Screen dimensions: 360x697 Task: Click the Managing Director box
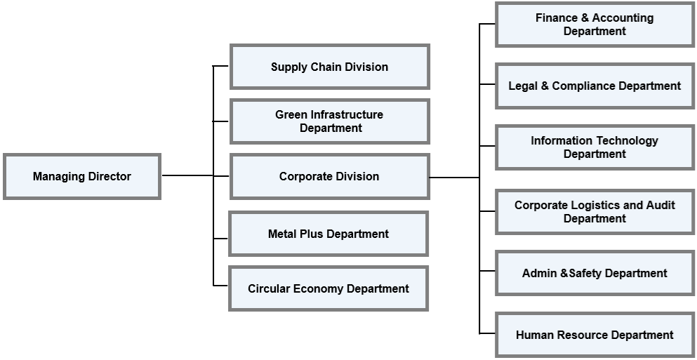[82, 177]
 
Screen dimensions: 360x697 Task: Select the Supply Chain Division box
[329, 67]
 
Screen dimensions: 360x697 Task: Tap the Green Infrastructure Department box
[329, 121]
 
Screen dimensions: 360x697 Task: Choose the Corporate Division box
[329, 177]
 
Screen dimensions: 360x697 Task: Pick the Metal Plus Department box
[328, 234]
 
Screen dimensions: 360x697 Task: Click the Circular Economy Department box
[328, 288]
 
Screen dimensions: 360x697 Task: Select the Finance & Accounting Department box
[595, 25]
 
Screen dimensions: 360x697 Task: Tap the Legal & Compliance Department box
[595, 86]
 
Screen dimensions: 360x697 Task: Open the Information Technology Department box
[595, 147]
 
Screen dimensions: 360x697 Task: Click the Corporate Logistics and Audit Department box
[595, 211]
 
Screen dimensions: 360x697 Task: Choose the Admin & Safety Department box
[595, 273]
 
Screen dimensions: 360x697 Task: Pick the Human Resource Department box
[595, 335]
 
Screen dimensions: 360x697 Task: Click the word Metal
[282, 234]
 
